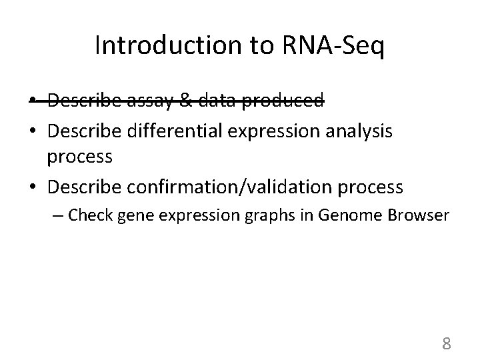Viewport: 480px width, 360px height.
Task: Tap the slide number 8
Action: tap(447, 343)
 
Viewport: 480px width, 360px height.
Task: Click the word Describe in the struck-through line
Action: tap(83, 101)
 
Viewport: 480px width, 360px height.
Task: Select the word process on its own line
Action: tap(80, 159)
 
